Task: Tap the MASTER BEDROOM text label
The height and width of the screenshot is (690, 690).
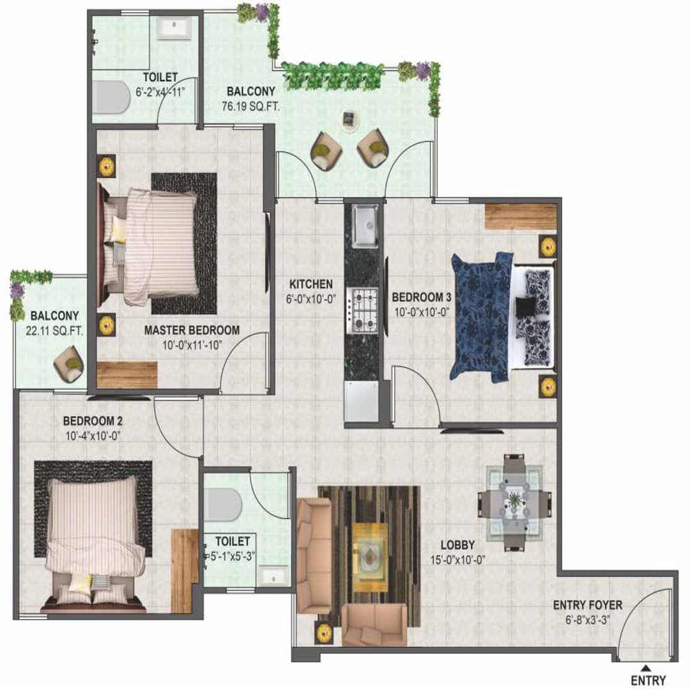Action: (192, 330)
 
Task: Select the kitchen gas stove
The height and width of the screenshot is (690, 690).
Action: (363, 309)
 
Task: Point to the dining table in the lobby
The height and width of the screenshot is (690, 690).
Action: (515, 502)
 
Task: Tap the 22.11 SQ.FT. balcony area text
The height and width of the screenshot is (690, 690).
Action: (54, 330)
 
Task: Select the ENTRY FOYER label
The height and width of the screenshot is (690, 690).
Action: (587, 604)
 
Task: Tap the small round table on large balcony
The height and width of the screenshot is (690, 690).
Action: (349, 119)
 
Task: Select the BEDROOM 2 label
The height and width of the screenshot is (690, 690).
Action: (93, 421)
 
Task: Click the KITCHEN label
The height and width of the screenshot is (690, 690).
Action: (310, 284)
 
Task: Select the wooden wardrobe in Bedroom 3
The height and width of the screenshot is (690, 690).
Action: (520, 217)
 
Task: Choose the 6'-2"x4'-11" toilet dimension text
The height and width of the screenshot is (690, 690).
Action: (160, 92)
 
